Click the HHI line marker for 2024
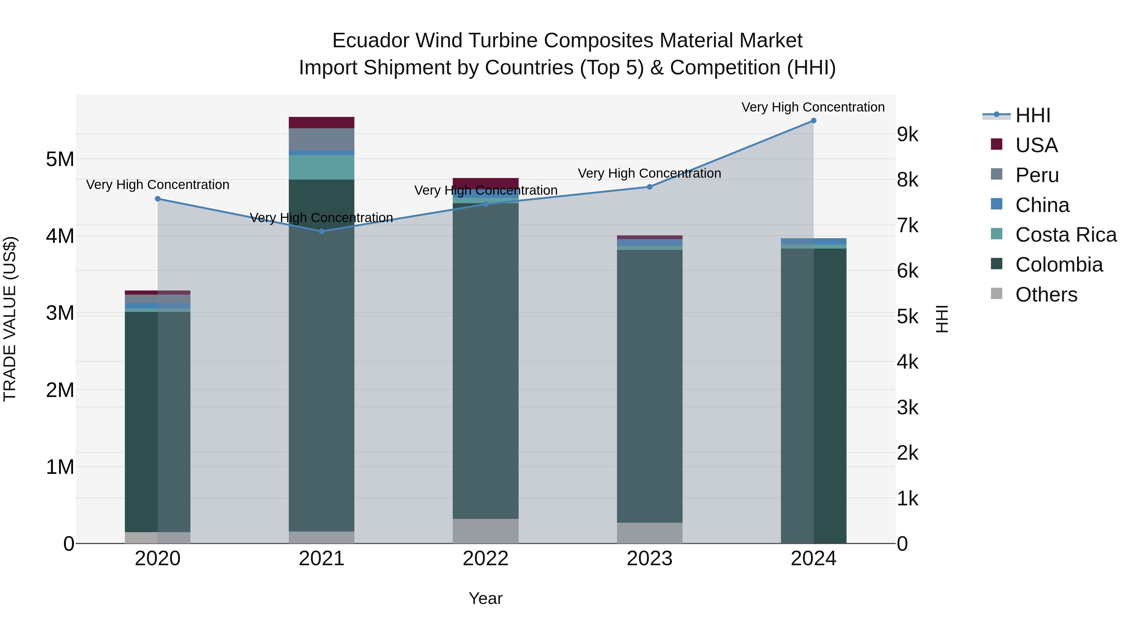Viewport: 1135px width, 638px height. (813, 121)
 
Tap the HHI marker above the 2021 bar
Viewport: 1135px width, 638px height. (322, 231)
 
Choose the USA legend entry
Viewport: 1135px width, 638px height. (1036, 145)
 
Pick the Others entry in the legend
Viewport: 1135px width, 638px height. (1046, 295)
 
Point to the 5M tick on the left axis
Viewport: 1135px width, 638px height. (60, 159)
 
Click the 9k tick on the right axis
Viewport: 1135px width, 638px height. (908, 135)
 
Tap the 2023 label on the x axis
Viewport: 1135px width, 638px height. (649, 559)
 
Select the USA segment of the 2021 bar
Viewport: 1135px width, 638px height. (322, 123)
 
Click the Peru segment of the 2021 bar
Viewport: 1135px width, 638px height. (322, 139)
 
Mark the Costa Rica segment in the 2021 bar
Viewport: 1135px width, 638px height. (322, 167)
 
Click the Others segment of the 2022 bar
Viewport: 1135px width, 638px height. (486, 531)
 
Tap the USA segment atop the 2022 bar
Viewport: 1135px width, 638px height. (486, 182)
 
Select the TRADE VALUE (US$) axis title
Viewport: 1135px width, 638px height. (10, 319)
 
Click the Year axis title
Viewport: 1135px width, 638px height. (486, 598)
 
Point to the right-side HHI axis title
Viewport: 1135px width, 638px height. (941, 319)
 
